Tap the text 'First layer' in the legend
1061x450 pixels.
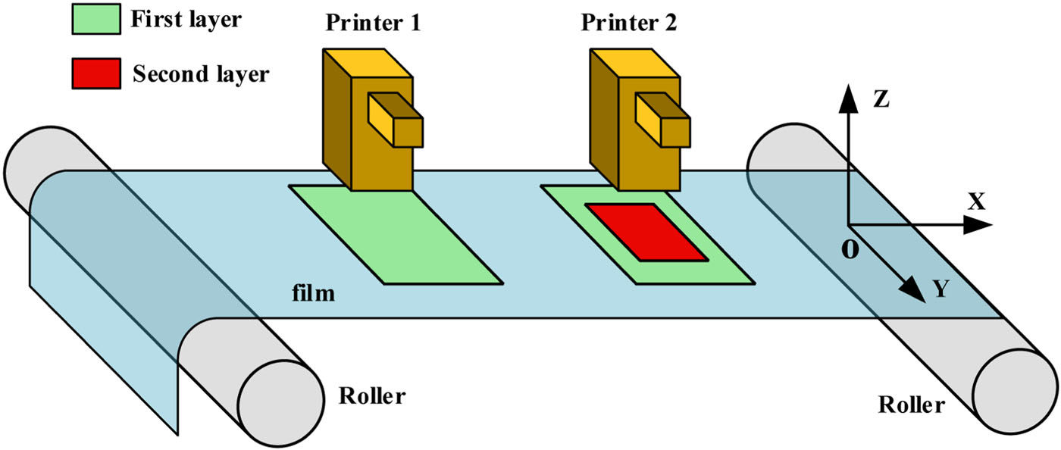coord(186,20)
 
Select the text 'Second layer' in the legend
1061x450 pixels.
coord(201,73)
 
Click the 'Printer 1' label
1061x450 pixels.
coord(374,23)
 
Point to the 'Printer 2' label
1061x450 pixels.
coord(630,23)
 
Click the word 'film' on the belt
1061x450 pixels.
coord(315,292)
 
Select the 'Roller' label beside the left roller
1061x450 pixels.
coord(372,395)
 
